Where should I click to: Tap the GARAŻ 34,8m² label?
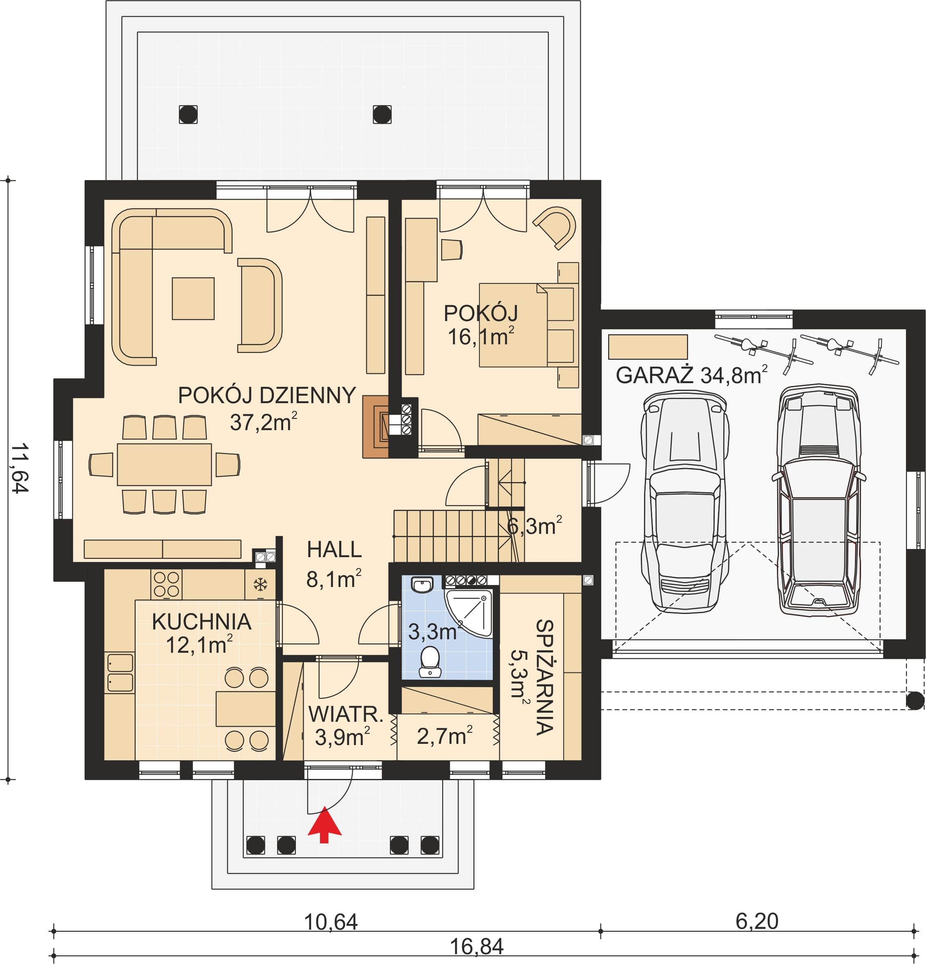[691, 375]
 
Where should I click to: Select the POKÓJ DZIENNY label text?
[267, 395]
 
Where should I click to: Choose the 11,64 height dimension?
[20, 468]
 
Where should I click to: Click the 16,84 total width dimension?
[477, 946]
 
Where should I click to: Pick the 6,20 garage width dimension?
[757, 921]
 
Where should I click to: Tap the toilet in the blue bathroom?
[431, 661]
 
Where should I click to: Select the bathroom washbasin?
[422, 585]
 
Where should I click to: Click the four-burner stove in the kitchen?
[167, 584]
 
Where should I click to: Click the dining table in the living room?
[164, 464]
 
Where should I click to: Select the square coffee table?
[193, 299]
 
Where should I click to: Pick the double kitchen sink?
[120, 672]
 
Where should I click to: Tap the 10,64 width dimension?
[331, 922]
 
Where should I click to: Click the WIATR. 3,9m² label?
[345, 726]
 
